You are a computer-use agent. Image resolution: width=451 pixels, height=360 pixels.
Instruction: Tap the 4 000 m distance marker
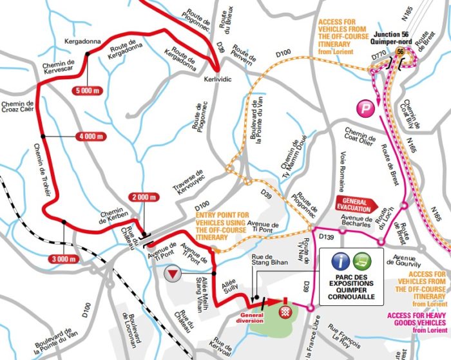tap(90, 137)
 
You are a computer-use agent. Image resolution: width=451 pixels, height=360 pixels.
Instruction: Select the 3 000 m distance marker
tap(62, 259)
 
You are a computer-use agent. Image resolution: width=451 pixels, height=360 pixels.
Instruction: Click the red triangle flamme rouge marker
tap(171, 273)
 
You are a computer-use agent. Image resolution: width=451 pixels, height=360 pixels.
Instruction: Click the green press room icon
tap(363, 261)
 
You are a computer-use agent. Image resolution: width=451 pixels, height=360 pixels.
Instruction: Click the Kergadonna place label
tap(84, 41)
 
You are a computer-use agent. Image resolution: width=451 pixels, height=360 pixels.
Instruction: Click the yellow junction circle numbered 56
tap(400, 52)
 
